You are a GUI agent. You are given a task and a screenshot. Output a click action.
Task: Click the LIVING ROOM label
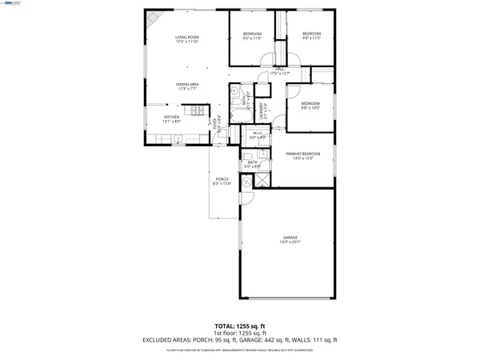pyautogui.click(x=187, y=38)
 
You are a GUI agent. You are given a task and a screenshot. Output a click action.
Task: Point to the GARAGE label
pyautogui.click(x=289, y=238)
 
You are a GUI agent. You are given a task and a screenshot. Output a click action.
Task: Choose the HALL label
pyautogui.click(x=280, y=70)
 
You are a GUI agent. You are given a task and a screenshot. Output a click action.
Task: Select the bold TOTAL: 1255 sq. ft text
pyautogui.click(x=240, y=326)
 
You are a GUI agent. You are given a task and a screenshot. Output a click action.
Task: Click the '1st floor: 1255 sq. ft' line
pyautogui.click(x=240, y=333)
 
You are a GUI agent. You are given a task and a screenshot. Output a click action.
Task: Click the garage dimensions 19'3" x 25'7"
pyautogui.click(x=289, y=243)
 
